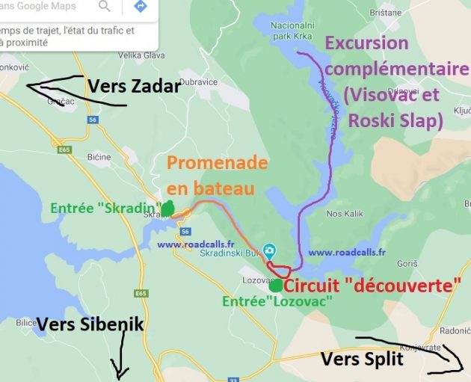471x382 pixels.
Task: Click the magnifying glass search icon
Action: pos(105,7)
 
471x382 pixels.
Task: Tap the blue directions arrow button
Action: pos(140,7)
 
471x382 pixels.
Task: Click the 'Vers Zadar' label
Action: pos(134,87)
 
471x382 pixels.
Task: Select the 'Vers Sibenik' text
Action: pos(90,325)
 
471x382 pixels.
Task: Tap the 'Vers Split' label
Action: pos(362,360)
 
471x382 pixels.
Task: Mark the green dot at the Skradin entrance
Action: pos(167,208)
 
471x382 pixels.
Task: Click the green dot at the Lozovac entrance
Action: pos(276,285)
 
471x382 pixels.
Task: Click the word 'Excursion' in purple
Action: pos(366,44)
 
